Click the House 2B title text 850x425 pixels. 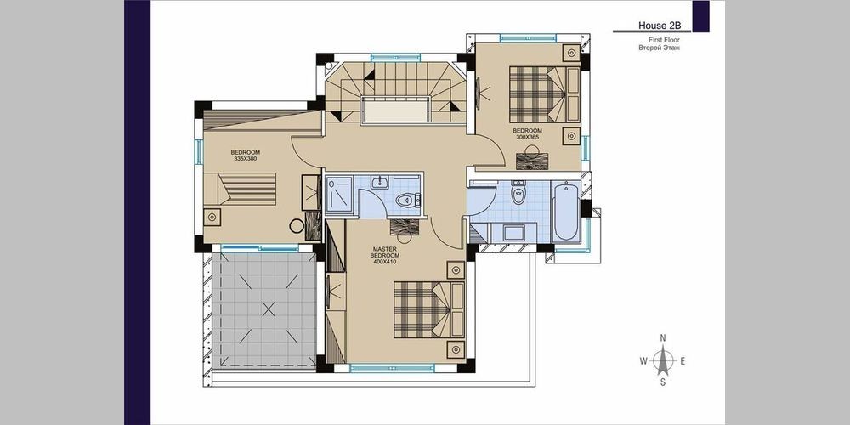click(x=655, y=25)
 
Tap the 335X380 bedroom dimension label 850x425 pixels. click(x=246, y=160)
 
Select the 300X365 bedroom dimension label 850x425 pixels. click(x=528, y=138)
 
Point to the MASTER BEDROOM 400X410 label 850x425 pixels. click(x=384, y=255)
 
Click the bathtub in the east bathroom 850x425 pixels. click(x=565, y=212)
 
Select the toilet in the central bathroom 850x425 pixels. click(x=408, y=201)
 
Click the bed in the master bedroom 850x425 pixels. click(x=428, y=309)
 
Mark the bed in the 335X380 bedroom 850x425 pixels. click(x=240, y=188)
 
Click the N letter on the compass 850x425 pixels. click(x=662, y=337)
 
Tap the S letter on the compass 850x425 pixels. click(x=662, y=382)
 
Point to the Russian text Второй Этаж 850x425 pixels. click(x=660, y=48)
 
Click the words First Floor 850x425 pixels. click(x=664, y=40)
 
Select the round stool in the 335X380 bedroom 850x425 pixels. click(x=297, y=225)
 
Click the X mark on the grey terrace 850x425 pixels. click(x=269, y=309)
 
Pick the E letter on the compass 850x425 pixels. click(x=683, y=361)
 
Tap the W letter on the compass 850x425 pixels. click(x=643, y=361)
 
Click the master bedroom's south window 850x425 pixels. click(x=392, y=368)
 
